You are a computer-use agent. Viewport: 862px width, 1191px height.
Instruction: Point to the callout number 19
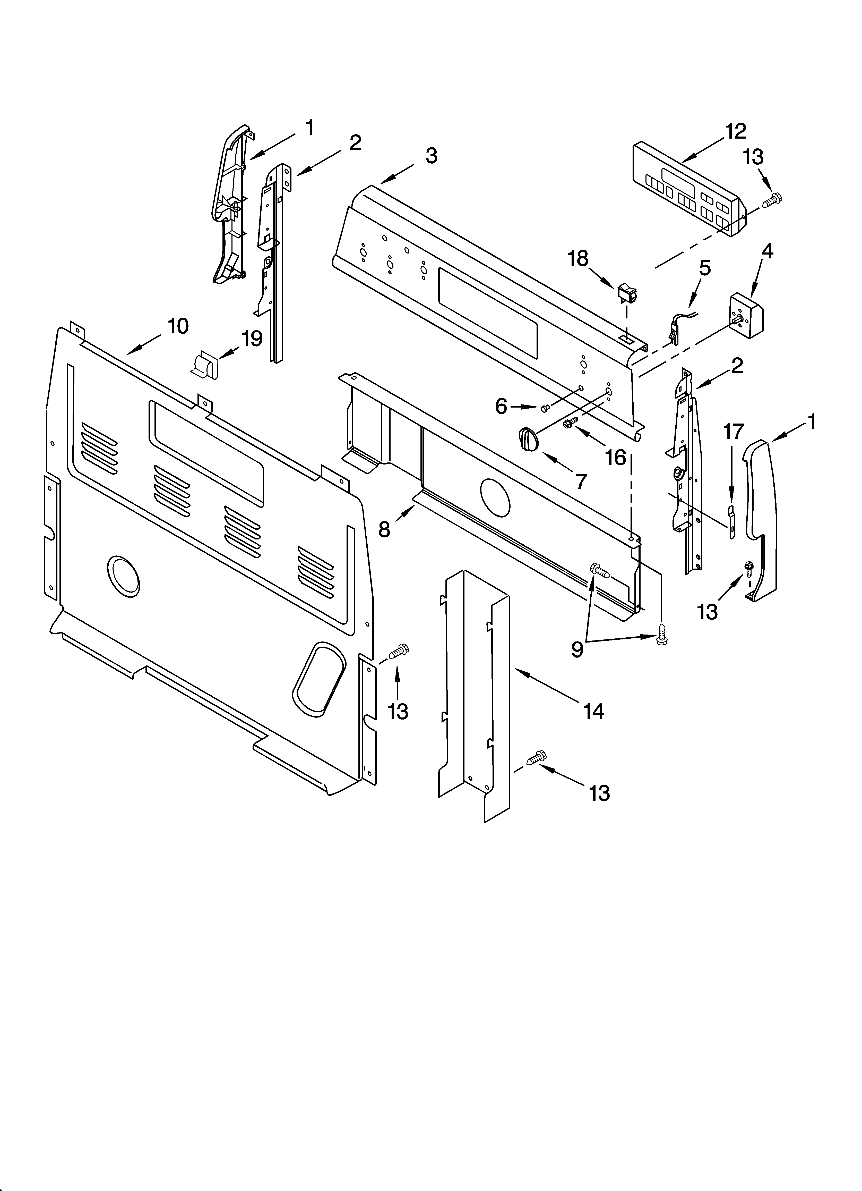coord(252,339)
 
